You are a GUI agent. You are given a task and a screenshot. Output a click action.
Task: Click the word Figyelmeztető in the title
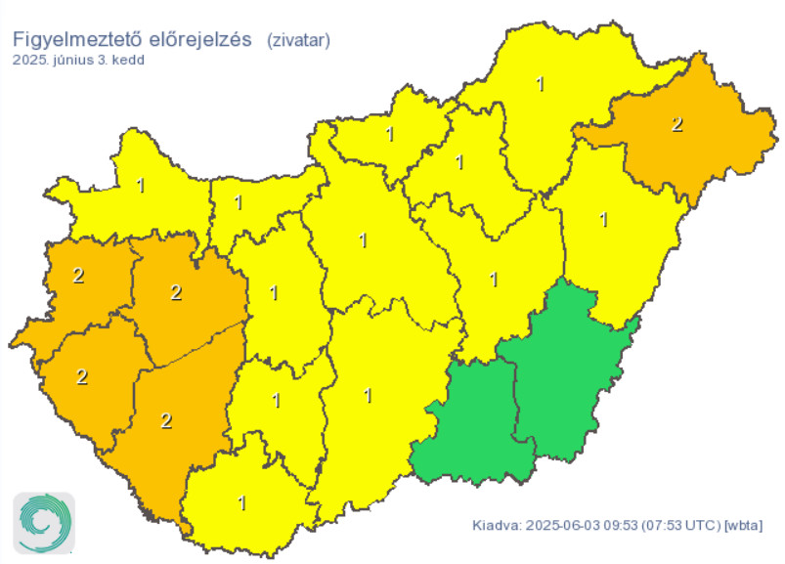pos(75,40)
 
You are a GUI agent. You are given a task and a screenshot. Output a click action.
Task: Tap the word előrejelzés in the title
pos(200,40)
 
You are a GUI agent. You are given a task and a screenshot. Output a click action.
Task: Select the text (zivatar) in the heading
pos(298,40)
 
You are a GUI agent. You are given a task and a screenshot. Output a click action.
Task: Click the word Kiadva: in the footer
pos(496,525)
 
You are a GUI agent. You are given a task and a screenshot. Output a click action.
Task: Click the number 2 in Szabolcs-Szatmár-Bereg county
pos(676,124)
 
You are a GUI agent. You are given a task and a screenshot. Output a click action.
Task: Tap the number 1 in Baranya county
pos(243,503)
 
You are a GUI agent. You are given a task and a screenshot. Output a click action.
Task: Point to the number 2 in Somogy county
pos(166,421)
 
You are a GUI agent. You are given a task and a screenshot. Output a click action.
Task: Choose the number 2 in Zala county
pos(82,376)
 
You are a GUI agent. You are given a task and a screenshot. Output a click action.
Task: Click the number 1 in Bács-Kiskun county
pos(368,396)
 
